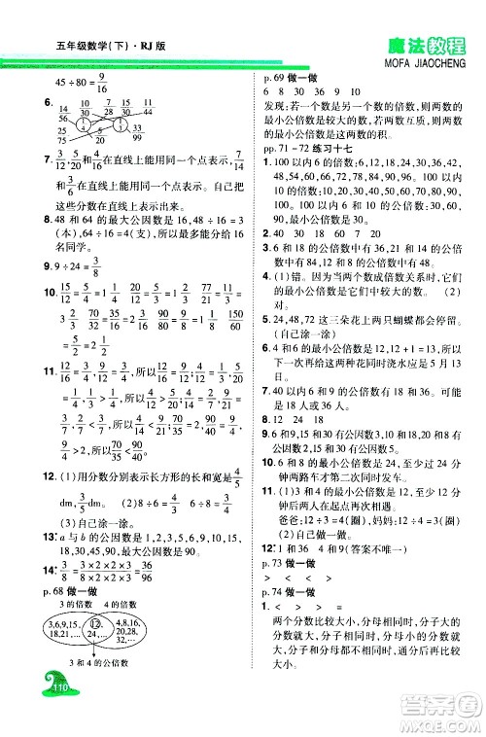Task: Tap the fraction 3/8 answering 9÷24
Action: pos(99,265)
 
